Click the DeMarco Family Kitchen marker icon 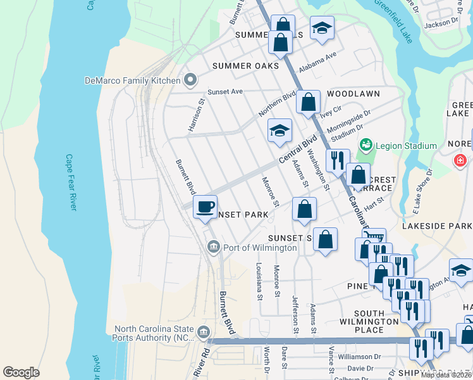click(190, 80)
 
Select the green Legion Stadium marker click(365, 146)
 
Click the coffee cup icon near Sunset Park click(204, 207)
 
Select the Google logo click(21, 372)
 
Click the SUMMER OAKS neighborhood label click(245, 66)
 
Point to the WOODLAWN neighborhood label click(353, 94)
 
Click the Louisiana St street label click(259, 281)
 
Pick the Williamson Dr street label click(360, 357)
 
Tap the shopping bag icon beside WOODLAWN click(308, 103)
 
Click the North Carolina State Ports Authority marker click(204, 332)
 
